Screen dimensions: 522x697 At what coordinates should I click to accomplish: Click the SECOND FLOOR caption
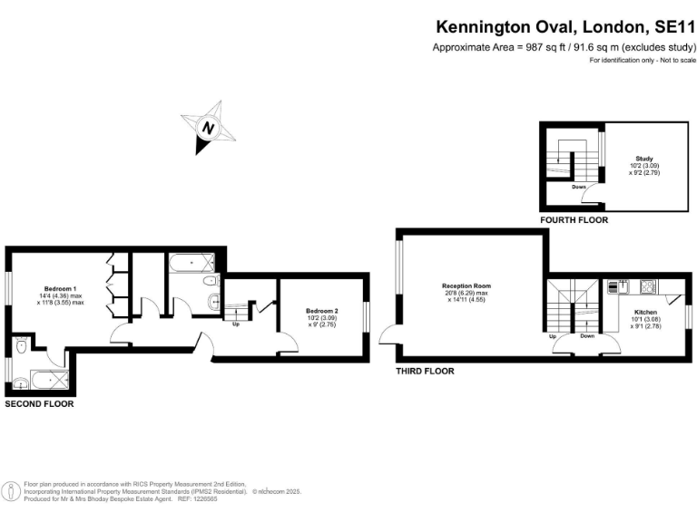pos(39,404)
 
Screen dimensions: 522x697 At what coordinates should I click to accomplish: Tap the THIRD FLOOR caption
pos(425,372)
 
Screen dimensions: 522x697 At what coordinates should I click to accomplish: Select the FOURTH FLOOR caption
pos(574,220)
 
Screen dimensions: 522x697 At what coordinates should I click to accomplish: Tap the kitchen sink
pos(614,287)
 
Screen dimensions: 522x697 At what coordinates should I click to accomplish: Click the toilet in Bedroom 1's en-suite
pos(20,346)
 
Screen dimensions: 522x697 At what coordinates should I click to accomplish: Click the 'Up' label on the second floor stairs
pos(236,324)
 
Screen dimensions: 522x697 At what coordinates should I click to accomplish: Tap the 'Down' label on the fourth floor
pos(579,188)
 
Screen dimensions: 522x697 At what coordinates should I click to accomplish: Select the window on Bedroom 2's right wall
pos(367,316)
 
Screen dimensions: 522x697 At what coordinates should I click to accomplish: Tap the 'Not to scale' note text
pos(673,60)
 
